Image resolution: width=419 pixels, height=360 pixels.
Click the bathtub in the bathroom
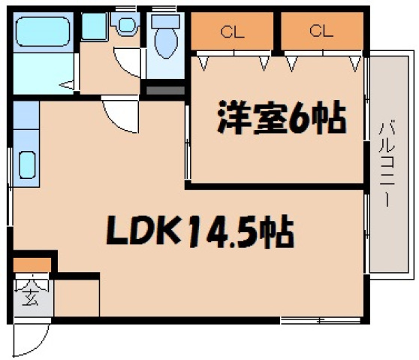44,32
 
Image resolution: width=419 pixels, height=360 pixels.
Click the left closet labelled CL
232,32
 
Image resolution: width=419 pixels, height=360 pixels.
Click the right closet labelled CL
321,32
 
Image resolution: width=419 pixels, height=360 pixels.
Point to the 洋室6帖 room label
281,118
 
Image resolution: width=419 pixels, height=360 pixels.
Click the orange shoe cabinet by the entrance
32,265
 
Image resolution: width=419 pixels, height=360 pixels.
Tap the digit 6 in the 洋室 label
304,119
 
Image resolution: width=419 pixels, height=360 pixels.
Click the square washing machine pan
94,27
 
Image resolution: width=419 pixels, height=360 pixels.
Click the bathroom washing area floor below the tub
44,74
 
